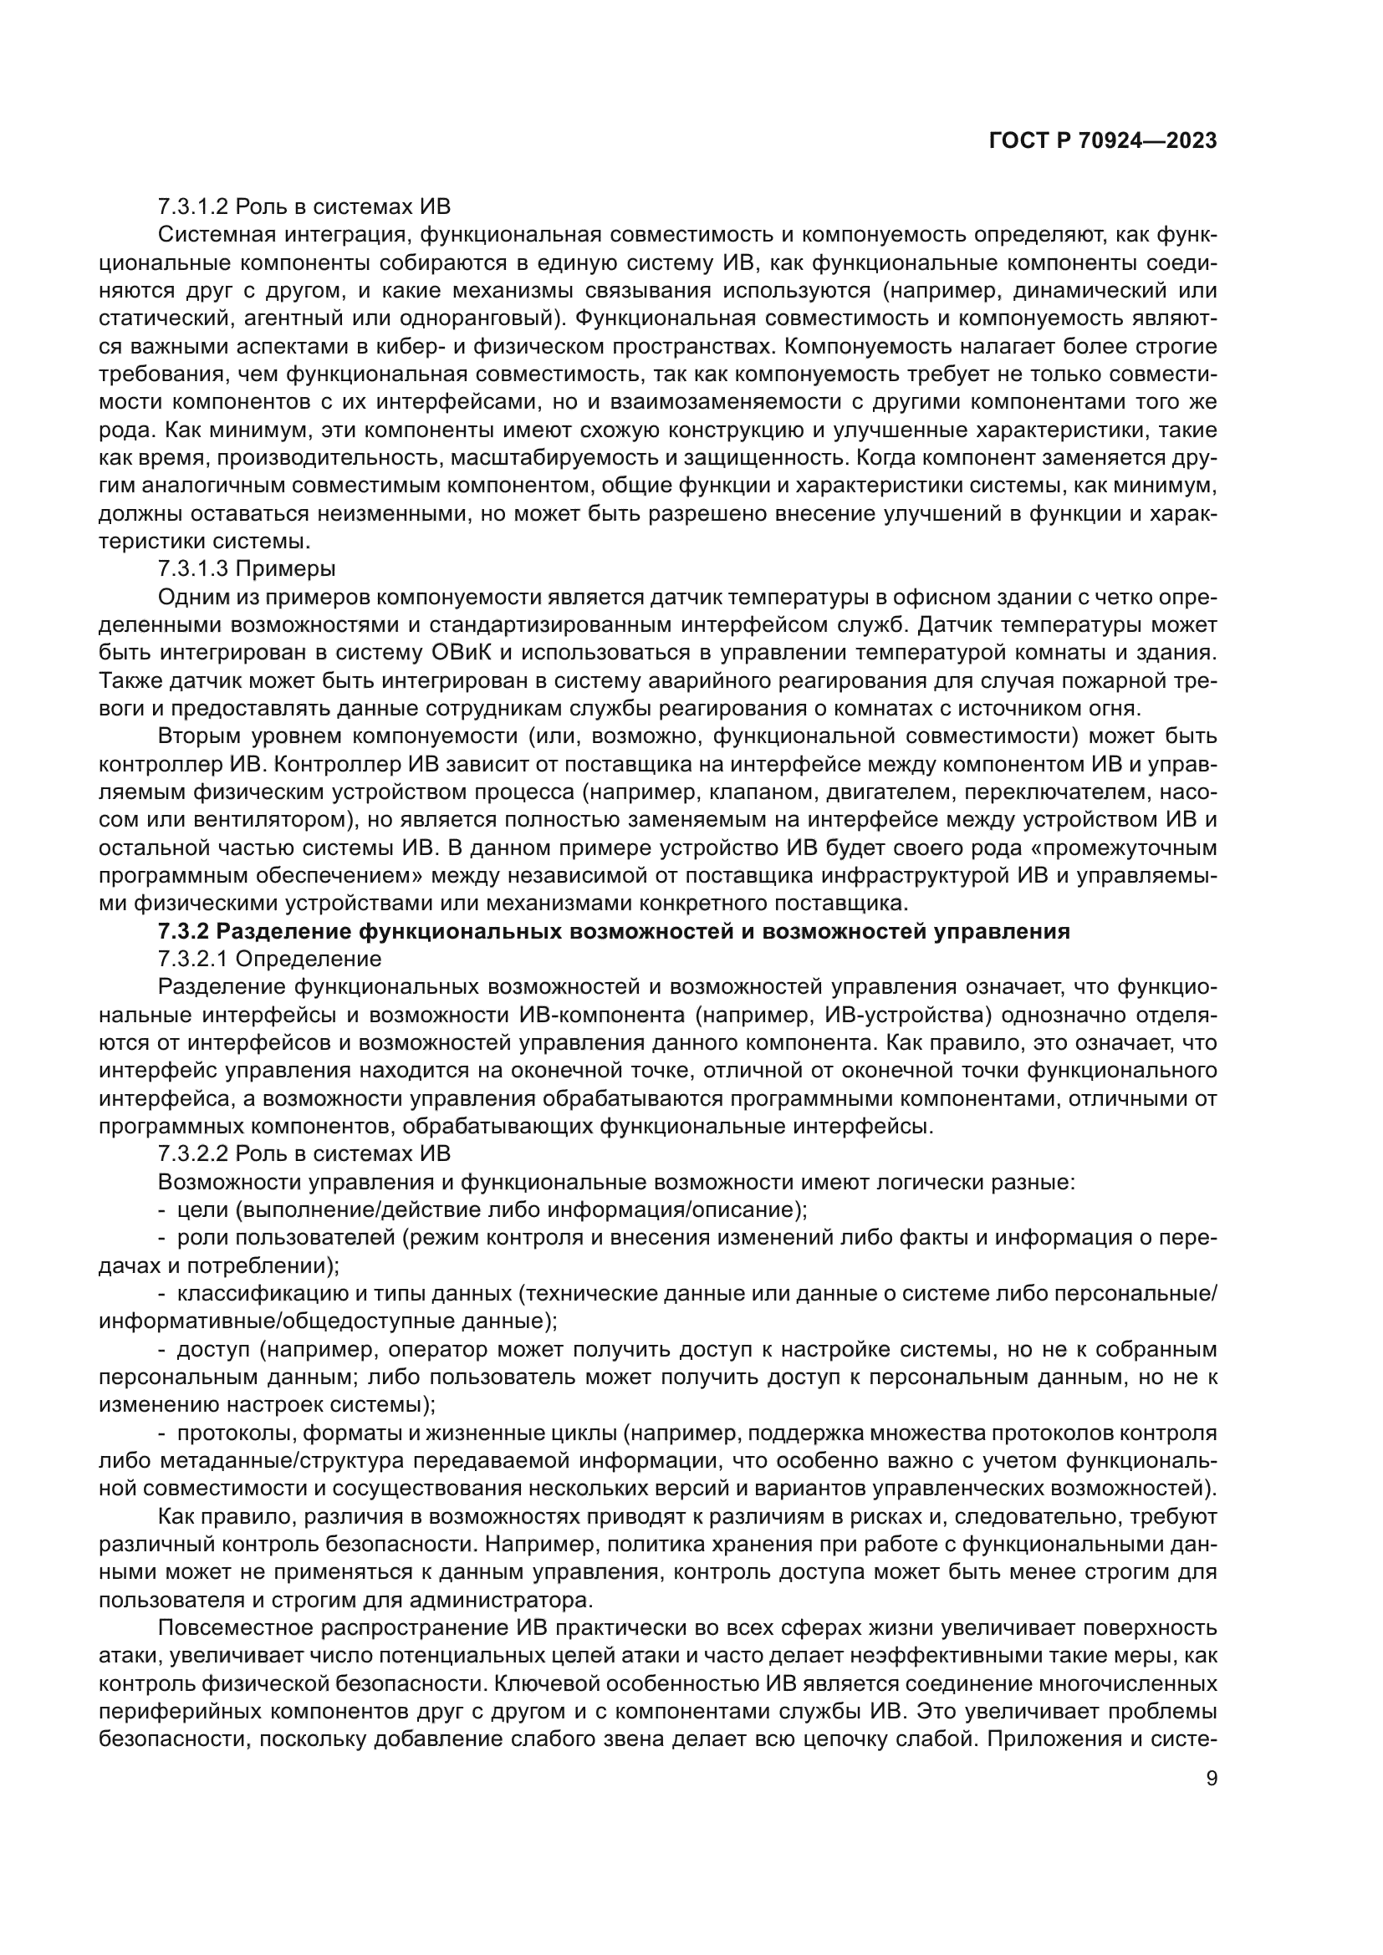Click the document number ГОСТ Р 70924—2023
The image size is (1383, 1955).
1103,141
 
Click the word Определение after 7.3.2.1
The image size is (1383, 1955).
309,960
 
